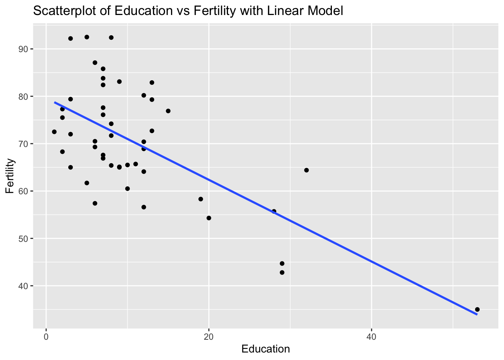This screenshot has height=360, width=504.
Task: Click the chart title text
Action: pyautogui.click(x=188, y=11)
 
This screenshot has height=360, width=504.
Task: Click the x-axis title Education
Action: pyautogui.click(x=265, y=349)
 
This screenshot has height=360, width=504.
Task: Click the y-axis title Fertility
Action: pyautogui.click(x=10, y=176)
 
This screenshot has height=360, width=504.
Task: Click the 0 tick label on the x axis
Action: pyautogui.click(x=46, y=337)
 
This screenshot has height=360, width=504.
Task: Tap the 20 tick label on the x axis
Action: pyautogui.click(x=208, y=337)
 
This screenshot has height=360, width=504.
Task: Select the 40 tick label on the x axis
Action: pyautogui.click(x=371, y=337)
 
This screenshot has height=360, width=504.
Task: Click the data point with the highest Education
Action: pyautogui.click(x=477, y=309)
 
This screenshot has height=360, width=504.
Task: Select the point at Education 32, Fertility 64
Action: pyautogui.click(x=306, y=170)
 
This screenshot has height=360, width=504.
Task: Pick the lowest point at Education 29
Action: pyautogui.click(x=282, y=273)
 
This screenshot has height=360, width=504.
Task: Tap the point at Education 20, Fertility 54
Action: pyautogui.click(x=209, y=218)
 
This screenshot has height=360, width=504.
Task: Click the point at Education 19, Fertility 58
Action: pyautogui.click(x=201, y=199)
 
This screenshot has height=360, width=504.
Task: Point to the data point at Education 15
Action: pyautogui.click(x=168, y=111)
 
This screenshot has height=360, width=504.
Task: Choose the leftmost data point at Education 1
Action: pyautogui.click(x=54, y=132)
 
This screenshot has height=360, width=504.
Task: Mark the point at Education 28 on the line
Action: pyautogui.click(x=274, y=211)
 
